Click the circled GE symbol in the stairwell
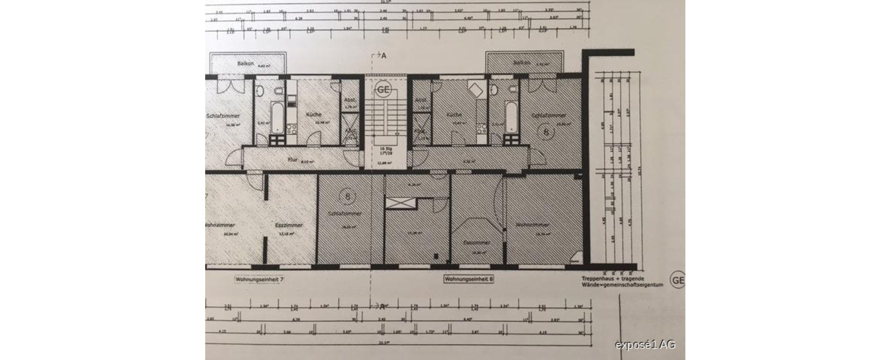(383, 90)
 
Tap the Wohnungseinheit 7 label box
(260, 279)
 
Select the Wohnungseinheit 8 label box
(469, 279)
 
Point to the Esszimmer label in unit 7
(288, 225)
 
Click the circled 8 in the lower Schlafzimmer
(347, 196)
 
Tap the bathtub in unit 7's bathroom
(276, 118)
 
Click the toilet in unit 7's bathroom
(279, 92)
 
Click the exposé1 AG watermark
(645, 345)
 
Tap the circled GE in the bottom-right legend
(678, 281)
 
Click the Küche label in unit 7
(313, 115)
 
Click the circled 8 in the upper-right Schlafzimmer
(546, 132)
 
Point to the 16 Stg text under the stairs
(384, 148)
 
